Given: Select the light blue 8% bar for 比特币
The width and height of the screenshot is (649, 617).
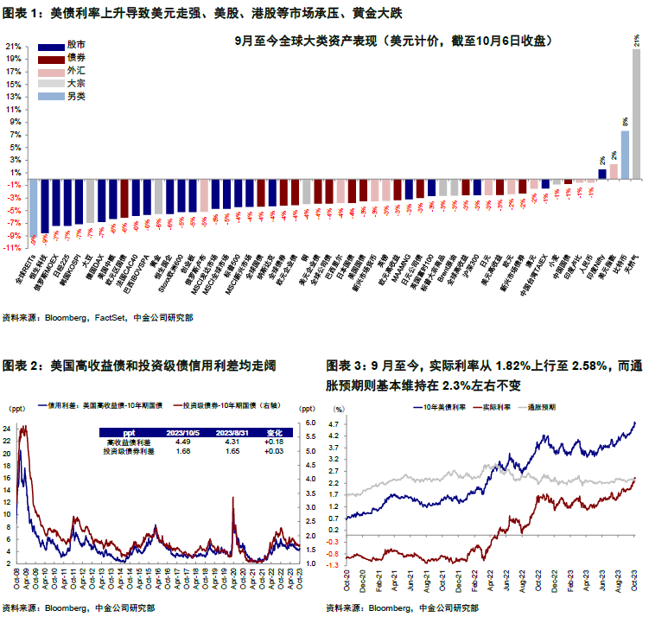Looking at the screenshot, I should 625,156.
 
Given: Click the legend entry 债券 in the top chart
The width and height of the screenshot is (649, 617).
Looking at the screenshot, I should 76,57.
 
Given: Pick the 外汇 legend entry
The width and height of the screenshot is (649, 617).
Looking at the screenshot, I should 76,70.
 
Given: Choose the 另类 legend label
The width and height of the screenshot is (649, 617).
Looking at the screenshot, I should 76,96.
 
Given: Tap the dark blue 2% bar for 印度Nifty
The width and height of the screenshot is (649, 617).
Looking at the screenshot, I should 601,174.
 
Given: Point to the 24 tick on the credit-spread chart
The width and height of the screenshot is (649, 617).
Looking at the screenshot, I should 8,429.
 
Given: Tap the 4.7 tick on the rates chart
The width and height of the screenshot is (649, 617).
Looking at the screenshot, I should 333,423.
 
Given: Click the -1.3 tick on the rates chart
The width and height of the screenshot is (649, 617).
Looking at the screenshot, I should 332,571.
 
